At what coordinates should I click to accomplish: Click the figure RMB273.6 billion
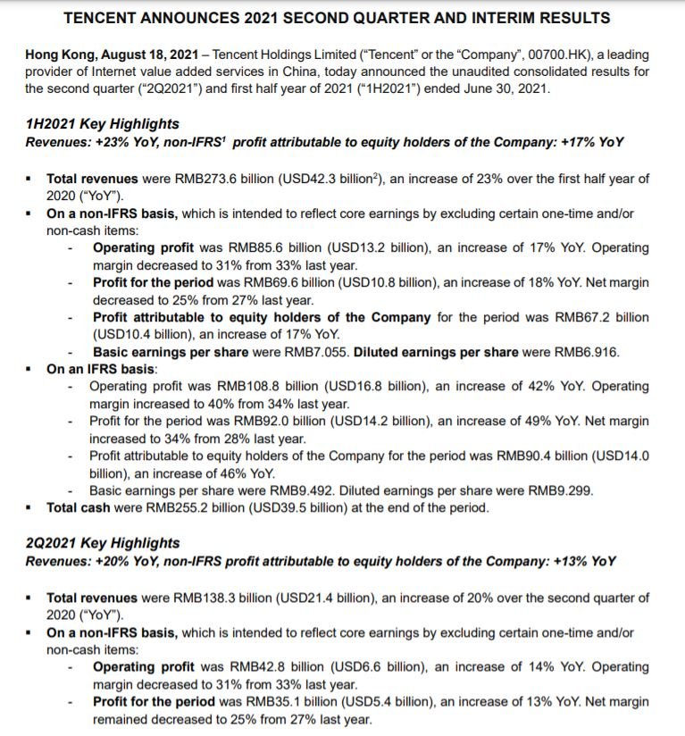221,179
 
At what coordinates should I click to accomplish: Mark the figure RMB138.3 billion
221,598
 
